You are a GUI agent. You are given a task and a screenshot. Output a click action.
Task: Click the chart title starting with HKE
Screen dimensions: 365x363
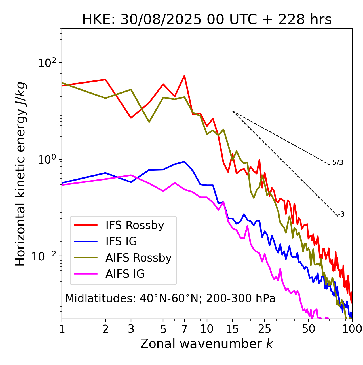click(x=207, y=20)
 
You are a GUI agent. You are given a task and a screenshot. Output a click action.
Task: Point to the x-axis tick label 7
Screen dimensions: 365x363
click(x=184, y=329)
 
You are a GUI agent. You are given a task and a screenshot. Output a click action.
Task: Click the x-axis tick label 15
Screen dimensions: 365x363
click(x=233, y=329)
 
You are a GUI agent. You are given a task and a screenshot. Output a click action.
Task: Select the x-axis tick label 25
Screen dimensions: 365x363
click(x=265, y=329)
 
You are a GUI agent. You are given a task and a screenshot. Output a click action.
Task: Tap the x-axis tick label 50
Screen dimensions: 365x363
click(x=309, y=329)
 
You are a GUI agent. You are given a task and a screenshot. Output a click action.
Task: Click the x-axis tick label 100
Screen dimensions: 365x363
click(x=352, y=329)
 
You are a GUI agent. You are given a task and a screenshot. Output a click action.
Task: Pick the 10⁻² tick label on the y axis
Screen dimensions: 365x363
click(x=45, y=256)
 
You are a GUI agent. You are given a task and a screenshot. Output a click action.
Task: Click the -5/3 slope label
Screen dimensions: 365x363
click(x=337, y=163)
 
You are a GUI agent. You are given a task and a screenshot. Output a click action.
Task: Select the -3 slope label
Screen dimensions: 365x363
click(x=341, y=215)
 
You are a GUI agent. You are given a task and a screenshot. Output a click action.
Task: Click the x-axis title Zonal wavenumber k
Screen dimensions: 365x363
click(x=207, y=344)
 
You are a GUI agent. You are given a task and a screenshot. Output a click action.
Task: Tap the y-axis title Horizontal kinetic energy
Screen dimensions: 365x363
click(x=21, y=174)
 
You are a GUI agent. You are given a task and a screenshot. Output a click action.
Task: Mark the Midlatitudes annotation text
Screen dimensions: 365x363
click(x=170, y=298)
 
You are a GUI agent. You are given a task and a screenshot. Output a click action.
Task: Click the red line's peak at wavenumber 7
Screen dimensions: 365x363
click(x=184, y=76)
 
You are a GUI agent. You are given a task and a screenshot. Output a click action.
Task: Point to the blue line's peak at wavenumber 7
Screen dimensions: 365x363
click(x=184, y=162)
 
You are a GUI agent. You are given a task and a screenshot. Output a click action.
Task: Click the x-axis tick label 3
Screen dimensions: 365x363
click(x=131, y=329)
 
